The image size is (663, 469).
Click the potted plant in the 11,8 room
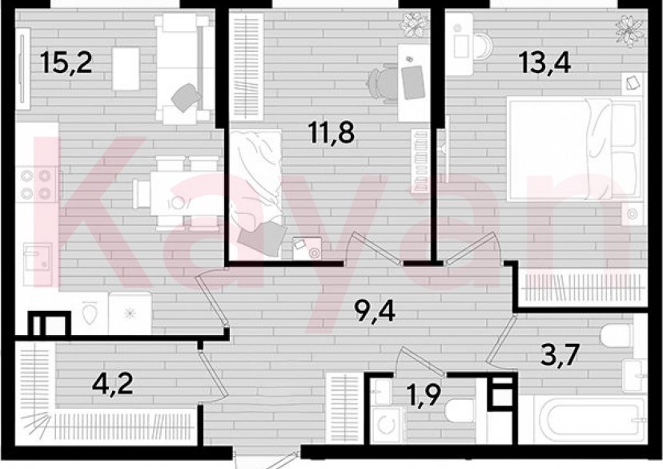pos(414,24)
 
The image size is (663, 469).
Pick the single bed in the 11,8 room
pos(257,188)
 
